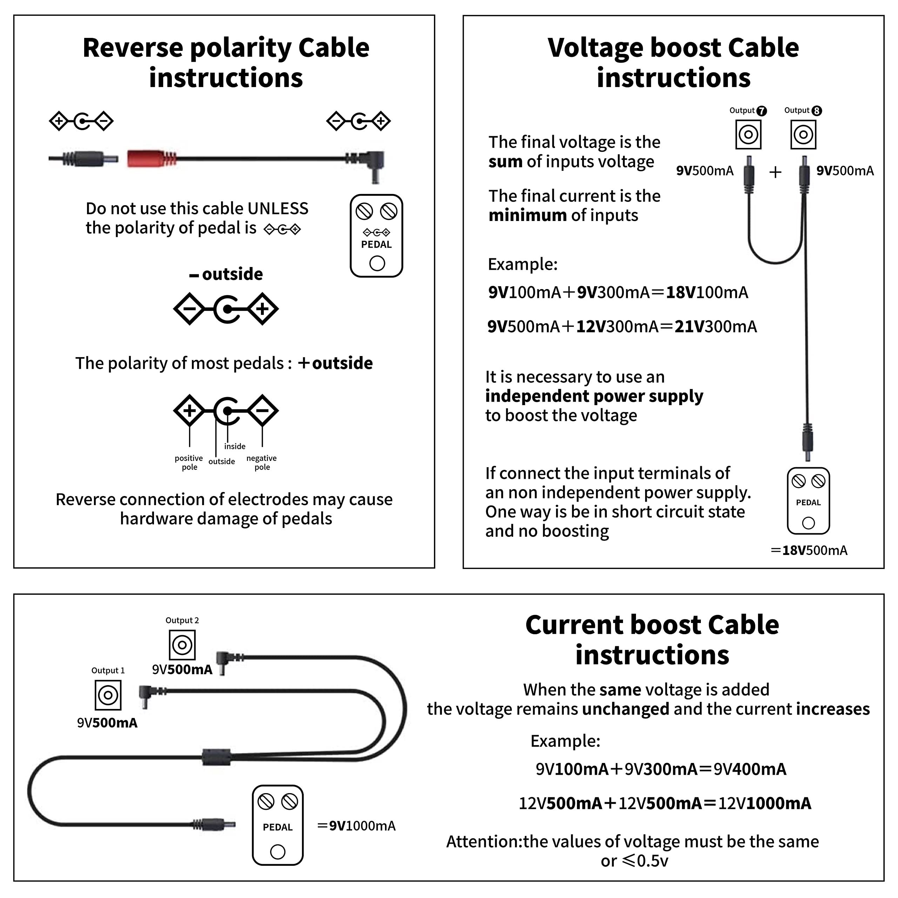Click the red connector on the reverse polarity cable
coord(151,159)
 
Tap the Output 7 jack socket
coord(748,135)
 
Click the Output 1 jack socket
coord(108,695)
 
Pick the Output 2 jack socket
coord(182,645)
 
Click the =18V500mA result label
coord(809,550)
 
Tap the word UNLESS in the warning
coord(278,208)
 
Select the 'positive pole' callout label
coord(189,462)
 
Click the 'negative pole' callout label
coord(262,462)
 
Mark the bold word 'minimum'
coord(527,215)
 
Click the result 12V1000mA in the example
coord(765,803)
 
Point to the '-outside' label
coord(226,274)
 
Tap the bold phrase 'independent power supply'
coord(594,396)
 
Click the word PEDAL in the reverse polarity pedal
coord(376,244)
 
